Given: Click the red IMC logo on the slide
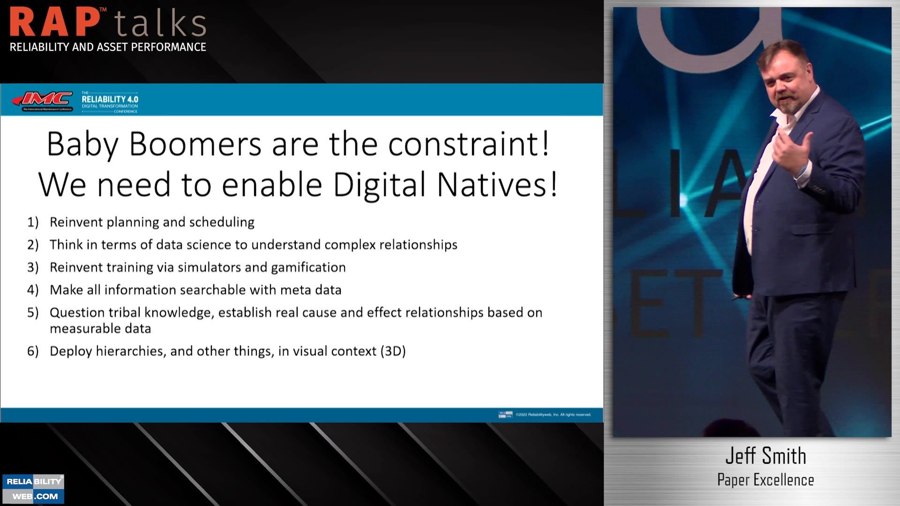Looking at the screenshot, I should pos(43,99).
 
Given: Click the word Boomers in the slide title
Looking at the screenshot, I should pos(195,144).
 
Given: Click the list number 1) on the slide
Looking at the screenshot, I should pos(33,222).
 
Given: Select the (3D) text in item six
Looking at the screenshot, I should pos(393,351).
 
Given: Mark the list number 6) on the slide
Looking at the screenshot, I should pos(33,351).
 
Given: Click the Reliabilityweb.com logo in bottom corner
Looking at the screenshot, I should pos(33,489).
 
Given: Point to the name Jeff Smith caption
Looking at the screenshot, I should pos(765,456).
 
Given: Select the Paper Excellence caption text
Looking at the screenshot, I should pos(765,480).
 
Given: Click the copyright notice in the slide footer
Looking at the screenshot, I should pos(553,415).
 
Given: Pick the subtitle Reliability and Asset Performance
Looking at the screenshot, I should pos(108,47).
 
